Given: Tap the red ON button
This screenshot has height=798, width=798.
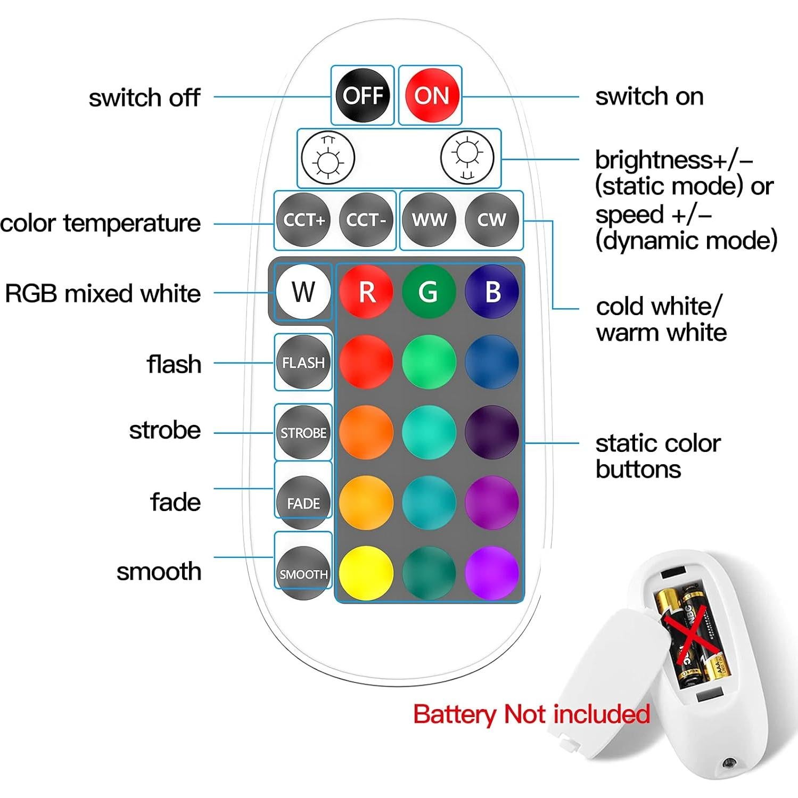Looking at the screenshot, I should pyautogui.click(x=432, y=96).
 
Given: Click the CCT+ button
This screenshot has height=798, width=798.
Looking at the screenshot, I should pyautogui.click(x=303, y=220).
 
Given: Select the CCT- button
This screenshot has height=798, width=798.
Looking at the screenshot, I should pyautogui.click(x=366, y=220).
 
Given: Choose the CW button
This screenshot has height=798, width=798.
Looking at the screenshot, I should pyautogui.click(x=491, y=220).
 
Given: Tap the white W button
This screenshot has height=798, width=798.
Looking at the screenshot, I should pyautogui.click(x=303, y=292).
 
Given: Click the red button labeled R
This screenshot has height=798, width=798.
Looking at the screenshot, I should pyautogui.click(x=366, y=292).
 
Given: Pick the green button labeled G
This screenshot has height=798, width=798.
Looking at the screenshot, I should pyautogui.click(x=429, y=292).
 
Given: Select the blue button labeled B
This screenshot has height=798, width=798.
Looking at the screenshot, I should pyautogui.click(x=492, y=292).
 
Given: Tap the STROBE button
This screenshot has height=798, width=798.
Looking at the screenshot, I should pyautogui.click(x=303, y=433).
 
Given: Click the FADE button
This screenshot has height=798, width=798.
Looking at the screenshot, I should pyautogui.click(x=303, y=503).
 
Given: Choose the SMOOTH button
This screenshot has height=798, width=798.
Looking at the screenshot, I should pyautogui.click(x=303, y=574).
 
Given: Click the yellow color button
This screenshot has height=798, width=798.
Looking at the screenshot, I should pyautogui.click(x=366, y=573).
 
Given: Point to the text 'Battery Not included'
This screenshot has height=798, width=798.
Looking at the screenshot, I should pyautogui.click(x=531, y=714).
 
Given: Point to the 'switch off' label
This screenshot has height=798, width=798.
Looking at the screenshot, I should pyautogui.click(x=144, y=98).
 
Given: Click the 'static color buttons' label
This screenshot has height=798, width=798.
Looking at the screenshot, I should pyautogui.click(x=658, y=456).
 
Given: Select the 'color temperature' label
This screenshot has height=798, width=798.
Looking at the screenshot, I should pyautogui.click(x=101, y=224).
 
